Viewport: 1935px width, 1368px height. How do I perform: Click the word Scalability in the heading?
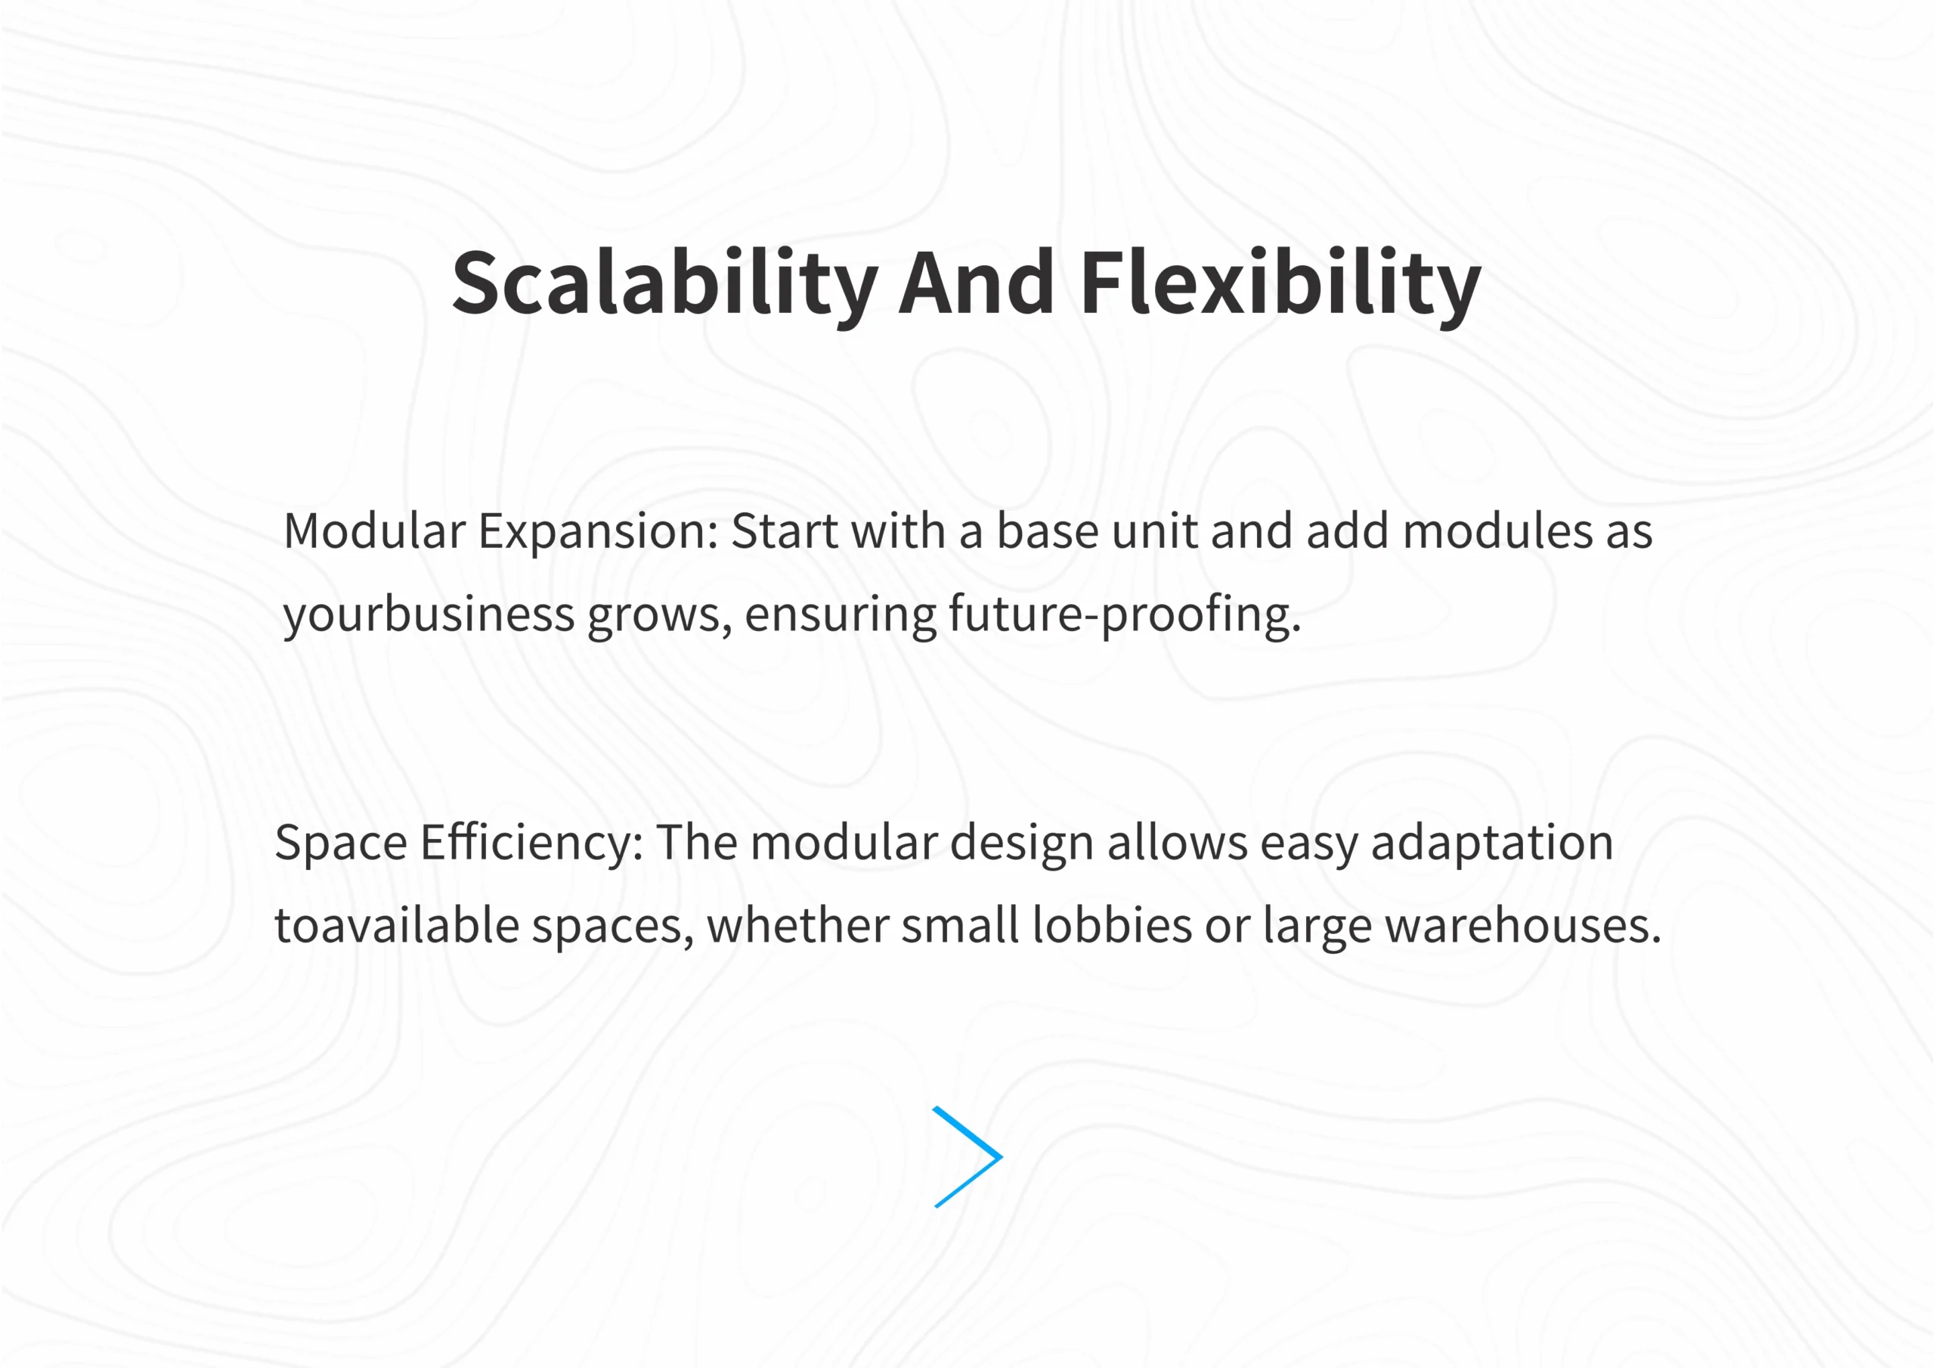click(665, 284)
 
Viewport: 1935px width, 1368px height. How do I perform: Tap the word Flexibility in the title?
click(1280, 284)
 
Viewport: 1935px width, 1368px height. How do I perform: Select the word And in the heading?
click(976, 283)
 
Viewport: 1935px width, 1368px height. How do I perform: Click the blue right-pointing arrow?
click(967, 1156)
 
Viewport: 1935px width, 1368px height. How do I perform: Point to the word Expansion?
click(599, 533)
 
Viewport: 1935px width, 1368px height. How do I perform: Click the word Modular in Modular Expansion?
click(374, 531)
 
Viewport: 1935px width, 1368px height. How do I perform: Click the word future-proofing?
click(1125, 615)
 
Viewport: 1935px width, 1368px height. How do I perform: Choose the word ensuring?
click(841, 615)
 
